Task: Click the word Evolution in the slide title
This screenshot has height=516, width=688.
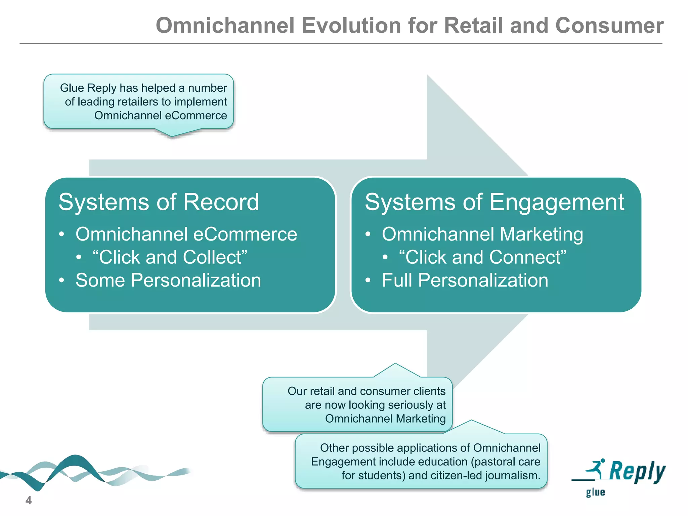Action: [351, 26]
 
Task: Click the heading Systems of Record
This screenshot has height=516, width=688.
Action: [159, 202]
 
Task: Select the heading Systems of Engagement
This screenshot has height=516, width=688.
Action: [494, 202]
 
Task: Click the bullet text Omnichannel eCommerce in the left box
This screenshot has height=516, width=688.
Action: [186, 234]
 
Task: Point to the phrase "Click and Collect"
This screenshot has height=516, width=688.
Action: [170, 257]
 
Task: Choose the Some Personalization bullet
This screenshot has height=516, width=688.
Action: [168, 280]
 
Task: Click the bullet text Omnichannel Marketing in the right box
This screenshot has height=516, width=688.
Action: [482, 234]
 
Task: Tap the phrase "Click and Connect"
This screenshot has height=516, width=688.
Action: [482, 257]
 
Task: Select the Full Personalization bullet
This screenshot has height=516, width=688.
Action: [465, 280]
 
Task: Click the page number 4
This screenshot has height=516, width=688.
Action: [29, 500]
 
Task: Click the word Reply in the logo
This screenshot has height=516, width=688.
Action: [637, 471]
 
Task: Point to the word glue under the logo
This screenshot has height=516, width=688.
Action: [595, 492]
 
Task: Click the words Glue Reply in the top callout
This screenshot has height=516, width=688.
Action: [88, 88]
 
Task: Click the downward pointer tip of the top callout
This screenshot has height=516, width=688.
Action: [172, 136]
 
